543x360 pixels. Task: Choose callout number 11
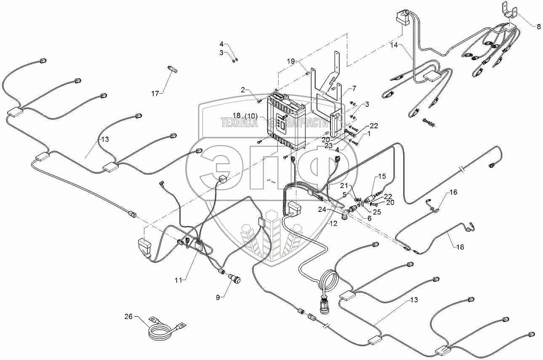(x=180, y=279)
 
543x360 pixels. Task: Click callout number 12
(x=333, y=224)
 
